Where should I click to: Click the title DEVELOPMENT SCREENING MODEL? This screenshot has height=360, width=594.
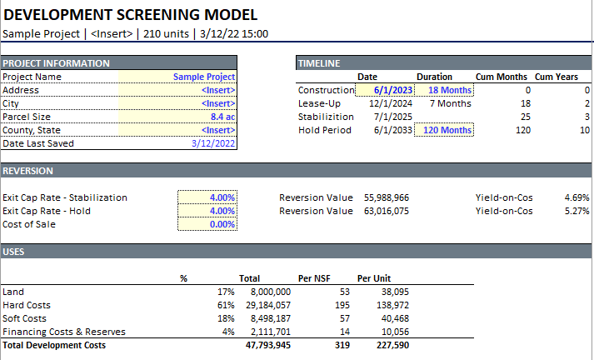pyautogui.click(x=131, y=14)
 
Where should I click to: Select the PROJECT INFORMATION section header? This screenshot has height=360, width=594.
pyautogui.click(x=56, y=63)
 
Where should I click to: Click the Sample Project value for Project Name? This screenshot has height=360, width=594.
pyautogui.click(x=204, y=77)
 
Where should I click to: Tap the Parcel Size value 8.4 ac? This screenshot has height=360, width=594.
pyautogui.click(x=222, y=117)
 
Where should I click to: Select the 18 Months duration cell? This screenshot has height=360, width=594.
pyautogui.click(x=450, y=90)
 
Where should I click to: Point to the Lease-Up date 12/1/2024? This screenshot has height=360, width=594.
pyautogui.click(x=390, y=103)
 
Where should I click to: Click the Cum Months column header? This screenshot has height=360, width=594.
pyautogui.click(x=502, y=77)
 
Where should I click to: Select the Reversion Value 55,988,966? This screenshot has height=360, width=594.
pyautogui.click(x=386, y=197)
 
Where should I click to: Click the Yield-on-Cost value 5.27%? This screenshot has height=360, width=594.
pyautogui.click(x=577, y=211)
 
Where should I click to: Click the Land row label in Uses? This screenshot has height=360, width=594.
pyautogui.click(x=13, y=292)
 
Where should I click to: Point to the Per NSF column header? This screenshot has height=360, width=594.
pyautogui.click(x=316, y=278)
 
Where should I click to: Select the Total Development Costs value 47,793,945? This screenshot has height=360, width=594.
pyautogui.click(x=267, y=345)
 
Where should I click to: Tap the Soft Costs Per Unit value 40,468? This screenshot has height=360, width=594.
pyautogui.click(x=394, y=318)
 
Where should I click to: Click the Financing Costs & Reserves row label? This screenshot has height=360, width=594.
pyautogui.click(x=64, y=332)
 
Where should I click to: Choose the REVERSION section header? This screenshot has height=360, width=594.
pyautogui.click(x=28, y=171)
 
